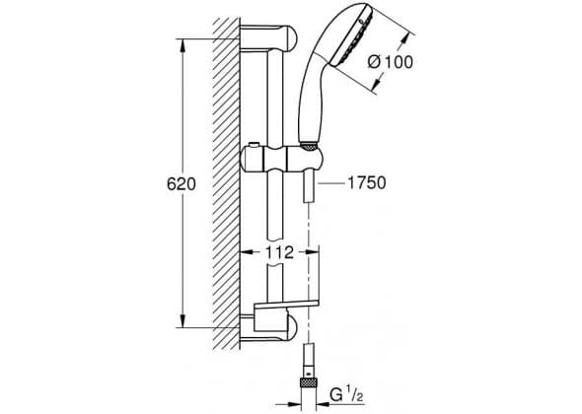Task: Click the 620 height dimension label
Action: click(x=182, y=183)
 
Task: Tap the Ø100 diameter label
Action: click(x=390, y=62)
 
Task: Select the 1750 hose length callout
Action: click(x=366, y=182)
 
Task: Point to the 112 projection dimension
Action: click(x=279, y=252)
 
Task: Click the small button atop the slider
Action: click(x=255, y=144)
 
